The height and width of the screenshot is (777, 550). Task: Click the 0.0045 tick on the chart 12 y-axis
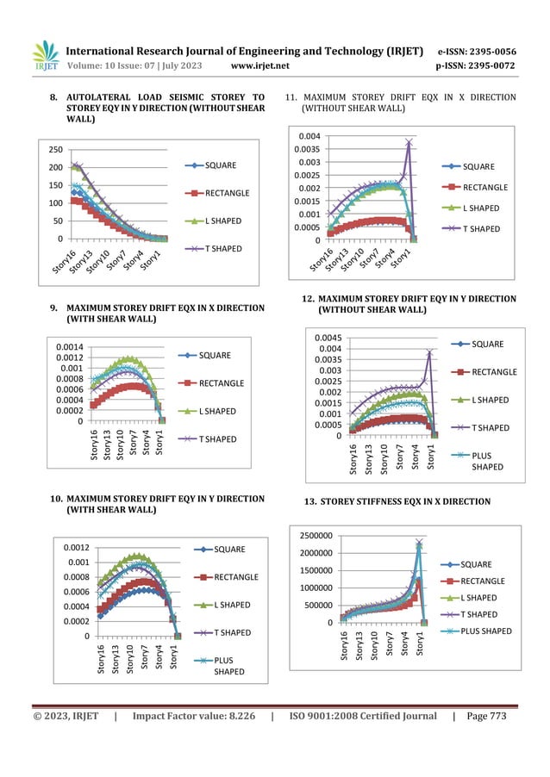(x=324, y=337)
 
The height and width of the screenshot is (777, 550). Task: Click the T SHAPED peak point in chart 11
(x=409, y=141)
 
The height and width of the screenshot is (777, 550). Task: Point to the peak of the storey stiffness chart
(x=419, y=543)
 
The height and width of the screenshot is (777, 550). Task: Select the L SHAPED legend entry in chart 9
(x=216, y=411)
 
